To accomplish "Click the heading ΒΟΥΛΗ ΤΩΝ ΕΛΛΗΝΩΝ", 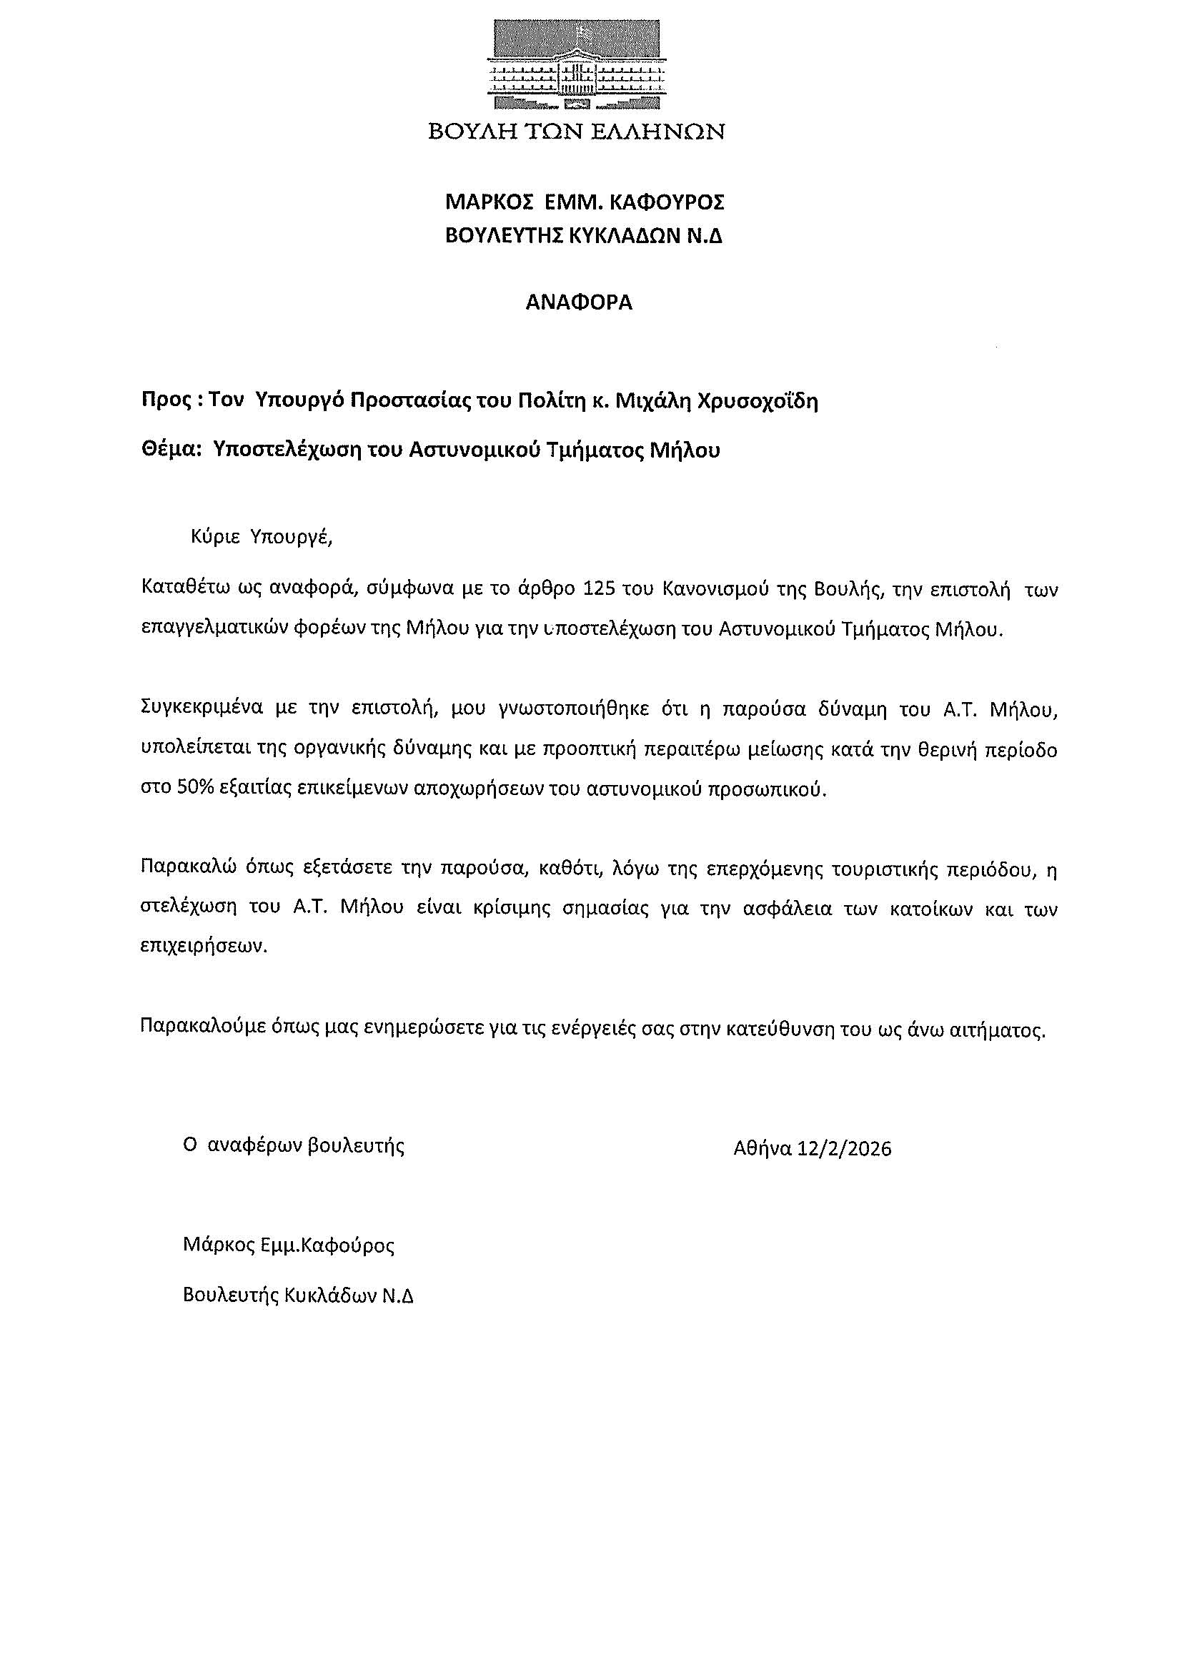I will point(576,132).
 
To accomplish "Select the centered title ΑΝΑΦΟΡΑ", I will point(579,302).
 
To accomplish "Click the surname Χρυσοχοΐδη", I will point(758,402).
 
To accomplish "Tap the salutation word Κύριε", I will point(216,537).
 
